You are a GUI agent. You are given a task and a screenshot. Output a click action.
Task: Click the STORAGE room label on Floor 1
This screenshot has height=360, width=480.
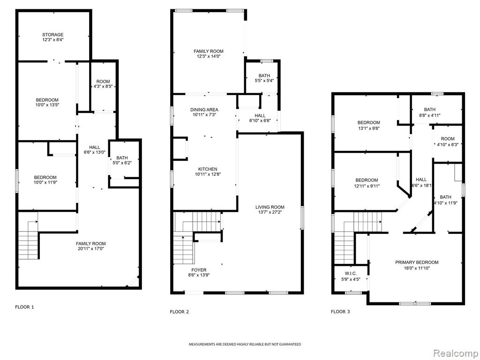[x=52, y=35]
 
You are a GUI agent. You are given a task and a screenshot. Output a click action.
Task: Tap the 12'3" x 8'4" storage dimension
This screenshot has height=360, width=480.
[x=52, y=39]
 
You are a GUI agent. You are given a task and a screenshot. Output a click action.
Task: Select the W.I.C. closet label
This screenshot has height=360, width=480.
[x=351, y=274]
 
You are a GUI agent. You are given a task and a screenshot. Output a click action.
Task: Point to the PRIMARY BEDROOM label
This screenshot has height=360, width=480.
[x=417, y=262]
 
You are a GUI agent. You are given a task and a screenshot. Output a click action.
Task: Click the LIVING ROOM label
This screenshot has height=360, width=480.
[x=270, y=207]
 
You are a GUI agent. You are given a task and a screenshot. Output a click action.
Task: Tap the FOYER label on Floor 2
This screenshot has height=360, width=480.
[x=199, y=270]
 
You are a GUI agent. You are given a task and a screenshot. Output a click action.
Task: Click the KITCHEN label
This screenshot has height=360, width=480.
[x=208, y=169]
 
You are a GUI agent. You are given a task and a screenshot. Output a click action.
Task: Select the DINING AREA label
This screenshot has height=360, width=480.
[x=204, y=110]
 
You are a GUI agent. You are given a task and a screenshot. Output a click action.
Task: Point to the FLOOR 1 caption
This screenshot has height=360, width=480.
[x=24, y=307]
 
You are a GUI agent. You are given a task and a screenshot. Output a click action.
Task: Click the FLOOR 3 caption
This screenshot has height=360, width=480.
[x=340, y=312]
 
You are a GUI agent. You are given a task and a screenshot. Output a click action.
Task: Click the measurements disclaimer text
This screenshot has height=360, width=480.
[x=245, y=345]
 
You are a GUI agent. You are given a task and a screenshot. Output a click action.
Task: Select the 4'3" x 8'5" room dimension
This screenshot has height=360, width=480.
[x=103, y=87]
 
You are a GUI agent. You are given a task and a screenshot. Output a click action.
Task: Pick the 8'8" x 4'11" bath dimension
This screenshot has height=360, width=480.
[x=429, y=115]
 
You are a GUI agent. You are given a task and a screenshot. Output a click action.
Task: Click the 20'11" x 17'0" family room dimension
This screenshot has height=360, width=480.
[x=91, y=249]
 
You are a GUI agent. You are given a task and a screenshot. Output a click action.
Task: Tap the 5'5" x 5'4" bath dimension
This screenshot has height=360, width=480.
[x=264, y=81]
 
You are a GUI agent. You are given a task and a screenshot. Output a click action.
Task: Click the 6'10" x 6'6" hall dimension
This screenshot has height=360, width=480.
[x=260, y=120]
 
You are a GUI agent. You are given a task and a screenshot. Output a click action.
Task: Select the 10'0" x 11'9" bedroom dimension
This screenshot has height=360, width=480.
[x=45, y=182]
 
